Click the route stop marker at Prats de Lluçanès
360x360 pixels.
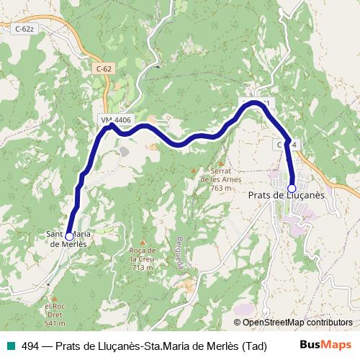[292, 188]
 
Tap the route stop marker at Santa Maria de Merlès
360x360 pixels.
[68, 235]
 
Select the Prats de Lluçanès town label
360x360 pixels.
[287, 195]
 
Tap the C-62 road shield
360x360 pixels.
[104, 68]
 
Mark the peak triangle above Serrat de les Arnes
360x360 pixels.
[194, 171]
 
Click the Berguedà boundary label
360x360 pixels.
[180, 252]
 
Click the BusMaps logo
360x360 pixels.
[325, 345]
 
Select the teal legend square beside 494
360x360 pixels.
[9, 346]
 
